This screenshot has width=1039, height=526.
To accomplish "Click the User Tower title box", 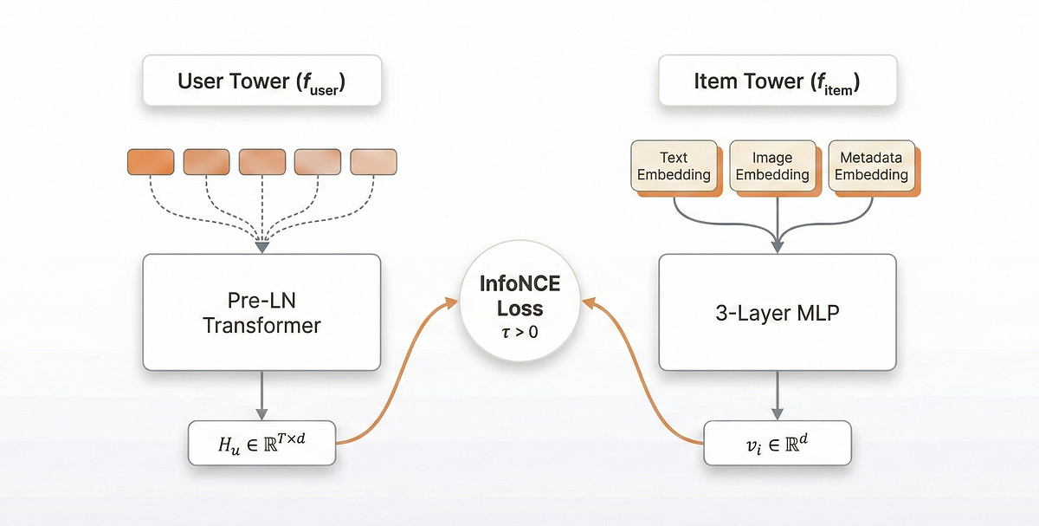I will pyautogui.click(x=262, y=82).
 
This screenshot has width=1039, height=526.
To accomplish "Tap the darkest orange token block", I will pyautogui.click(x=152, y=161).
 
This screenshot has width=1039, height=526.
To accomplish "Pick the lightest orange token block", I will pyautogui.click(x=373, y=161).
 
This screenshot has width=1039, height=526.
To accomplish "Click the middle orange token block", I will pyautogui.click(x=262, y=161).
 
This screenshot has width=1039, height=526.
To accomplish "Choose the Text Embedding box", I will pyautogui.click(x=674, y=166).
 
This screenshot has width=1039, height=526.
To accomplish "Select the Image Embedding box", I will pyautogui.click(x=772, y=166).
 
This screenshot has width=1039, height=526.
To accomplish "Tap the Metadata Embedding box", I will pyautogui.click(x=870, y=166).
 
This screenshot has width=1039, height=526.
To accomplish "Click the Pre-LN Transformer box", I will pyautogui.click(x=262, y=313).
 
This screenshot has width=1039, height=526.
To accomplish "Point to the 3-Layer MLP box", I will pyautogui.click(x=778, y=313).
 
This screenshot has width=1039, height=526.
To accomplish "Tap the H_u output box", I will pyautogui.click(x=262, y=442).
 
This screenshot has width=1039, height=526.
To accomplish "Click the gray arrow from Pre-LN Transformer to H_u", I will pyautogui.click(x=262, y=397).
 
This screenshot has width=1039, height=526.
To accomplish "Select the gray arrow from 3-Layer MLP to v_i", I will pyautogui.click(x=778, y=397).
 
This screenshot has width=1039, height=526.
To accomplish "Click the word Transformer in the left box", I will pyautogui.click(x=262, y=326).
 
